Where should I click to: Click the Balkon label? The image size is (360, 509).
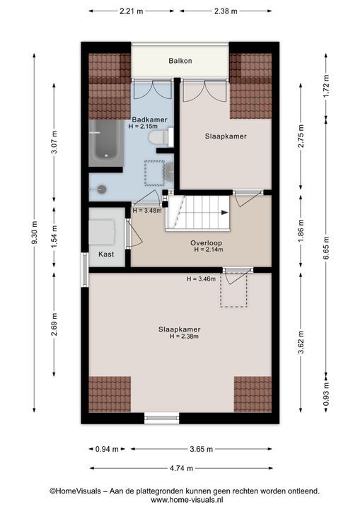pyautogui.click(x=180, y=61)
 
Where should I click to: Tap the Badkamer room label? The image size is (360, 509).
pyautogui.click(x=149, y=119)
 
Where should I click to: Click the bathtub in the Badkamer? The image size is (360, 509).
pyautogui.click(x=104, y=143)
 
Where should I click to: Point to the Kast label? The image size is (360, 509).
pyautogui.click(x=106, y=255)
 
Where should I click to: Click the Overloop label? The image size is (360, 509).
pyautogui.click(x=206, y=242)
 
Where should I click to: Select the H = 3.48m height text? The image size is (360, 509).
pyautogui.click(x=147, y=211)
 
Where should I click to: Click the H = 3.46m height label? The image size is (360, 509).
pyautogui.click(x=201, y=279)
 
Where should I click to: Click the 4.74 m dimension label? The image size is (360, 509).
pyautogui.click(x=181, y=468)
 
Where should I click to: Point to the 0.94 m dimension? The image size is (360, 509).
pyautogui.click(x=107, y=450)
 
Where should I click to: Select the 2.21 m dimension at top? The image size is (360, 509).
pyautogui.click(x=132, y=11)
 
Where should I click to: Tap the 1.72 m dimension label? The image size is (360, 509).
pyautogui.click(x=327, y=86)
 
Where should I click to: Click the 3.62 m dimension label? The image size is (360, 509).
pyautogui.click(x=301, y=342)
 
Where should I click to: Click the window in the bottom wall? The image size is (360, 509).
pyautogui.click(x=161, y=418)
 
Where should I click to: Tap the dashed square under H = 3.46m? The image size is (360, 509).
pyautogui.click(x=233, y=290)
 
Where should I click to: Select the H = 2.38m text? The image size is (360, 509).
pyautogui.click(x=184, y=337)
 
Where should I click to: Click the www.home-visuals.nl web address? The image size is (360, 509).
pyautogui.click(x=187, y=500)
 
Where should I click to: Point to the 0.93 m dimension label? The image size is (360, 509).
pyautogui.click(x=327, y=394)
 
